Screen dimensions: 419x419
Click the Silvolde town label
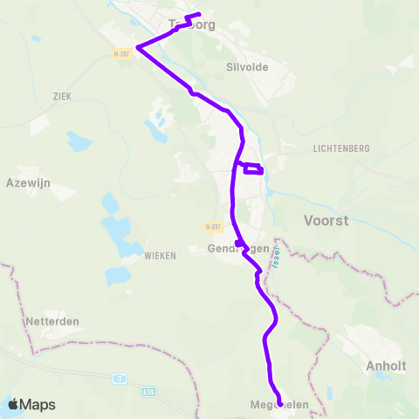tap(246, 66)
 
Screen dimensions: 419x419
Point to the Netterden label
tap(53, 321)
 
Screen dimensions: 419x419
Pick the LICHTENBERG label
tap(342, 149)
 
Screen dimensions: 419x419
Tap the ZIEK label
tap(61, 96)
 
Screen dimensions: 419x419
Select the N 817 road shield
tap(214, 227)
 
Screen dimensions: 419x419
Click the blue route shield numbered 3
tap(119, 379)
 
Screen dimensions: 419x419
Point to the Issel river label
tap(272, 260)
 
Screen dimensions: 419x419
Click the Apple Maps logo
tap(31, 404)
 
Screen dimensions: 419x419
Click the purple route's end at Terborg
tap(199, 14)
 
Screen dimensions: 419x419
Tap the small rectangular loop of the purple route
tap(253, 168)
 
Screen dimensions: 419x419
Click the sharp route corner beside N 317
tap(138, 47)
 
